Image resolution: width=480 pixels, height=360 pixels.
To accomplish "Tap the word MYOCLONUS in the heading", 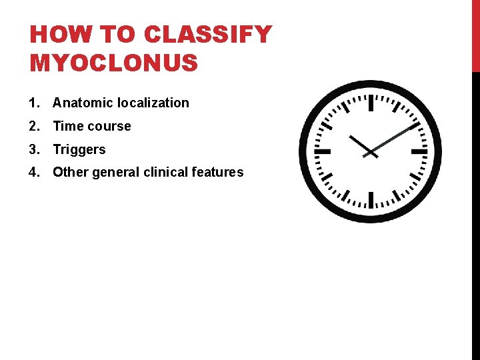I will [x=114, y=63].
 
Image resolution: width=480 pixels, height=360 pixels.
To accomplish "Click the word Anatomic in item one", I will [x=83, y=103].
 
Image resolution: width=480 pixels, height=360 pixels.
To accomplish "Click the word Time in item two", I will [x=67, y=126].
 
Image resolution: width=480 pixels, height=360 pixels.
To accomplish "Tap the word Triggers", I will [x=79, y=149].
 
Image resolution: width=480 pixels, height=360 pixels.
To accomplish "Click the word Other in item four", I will [x=70, y=172].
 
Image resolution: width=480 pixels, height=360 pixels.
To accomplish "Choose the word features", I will [x=217, y=172].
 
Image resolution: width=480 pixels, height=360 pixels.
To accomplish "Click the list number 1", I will [x=33, y=103].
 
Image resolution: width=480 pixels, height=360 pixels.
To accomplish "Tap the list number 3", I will [x=33, y=149].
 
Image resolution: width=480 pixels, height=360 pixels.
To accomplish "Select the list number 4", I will [x=33, y=172].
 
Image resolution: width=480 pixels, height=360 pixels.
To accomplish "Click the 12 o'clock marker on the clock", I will [x=371, y=103].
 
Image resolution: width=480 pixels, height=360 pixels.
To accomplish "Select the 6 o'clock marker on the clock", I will [x=371, y=199].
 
